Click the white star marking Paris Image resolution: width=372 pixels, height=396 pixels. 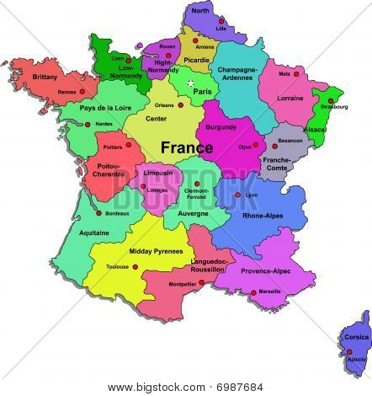(x=191, y=83)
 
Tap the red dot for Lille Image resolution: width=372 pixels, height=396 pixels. (x=221, y=20)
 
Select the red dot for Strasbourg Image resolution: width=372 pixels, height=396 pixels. (x=331, y=100)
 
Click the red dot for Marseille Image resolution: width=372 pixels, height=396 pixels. (x=253, y=292)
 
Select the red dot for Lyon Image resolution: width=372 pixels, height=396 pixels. (x=238, y=195)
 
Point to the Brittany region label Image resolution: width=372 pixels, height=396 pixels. (x=45, y=77)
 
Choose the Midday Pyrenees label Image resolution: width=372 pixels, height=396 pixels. (x=156, y=251)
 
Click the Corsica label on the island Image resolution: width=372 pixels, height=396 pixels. (x=356, y=337)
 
